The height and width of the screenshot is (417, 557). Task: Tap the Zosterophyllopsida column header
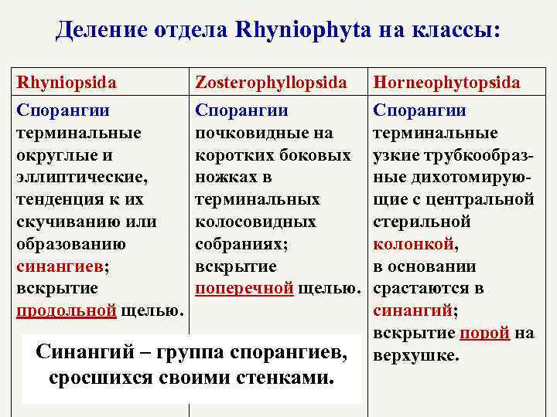point(272,82)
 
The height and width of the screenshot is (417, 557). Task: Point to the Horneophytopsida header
point(446,82)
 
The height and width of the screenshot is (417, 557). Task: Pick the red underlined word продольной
point(66,311)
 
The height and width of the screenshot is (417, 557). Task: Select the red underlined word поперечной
point(244,289)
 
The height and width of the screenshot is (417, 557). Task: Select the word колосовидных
point(255,222)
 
